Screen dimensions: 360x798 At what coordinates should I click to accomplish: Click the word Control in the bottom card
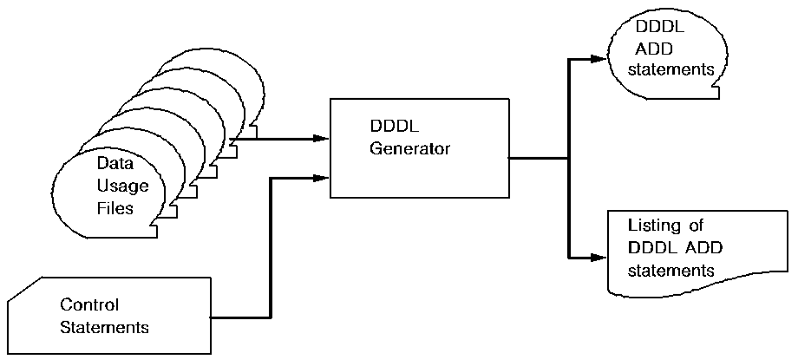88,305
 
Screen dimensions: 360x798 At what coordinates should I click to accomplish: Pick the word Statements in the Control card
104,327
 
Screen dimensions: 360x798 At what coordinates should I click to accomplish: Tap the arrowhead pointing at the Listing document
597,258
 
